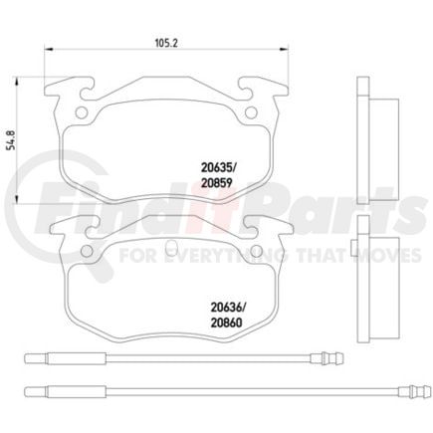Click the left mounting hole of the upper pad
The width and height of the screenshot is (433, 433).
(x=78, y=104)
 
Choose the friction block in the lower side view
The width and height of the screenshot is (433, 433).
(x=381, y=282)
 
